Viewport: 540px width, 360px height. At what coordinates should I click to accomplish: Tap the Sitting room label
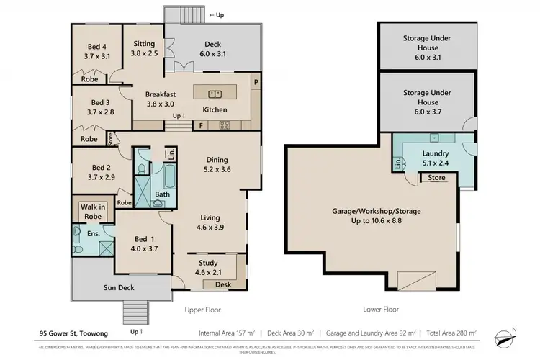[x=143, y=48]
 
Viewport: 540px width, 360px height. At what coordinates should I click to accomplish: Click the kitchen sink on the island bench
[x=214, y=93]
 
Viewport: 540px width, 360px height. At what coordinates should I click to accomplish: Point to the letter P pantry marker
[x=256, y=83]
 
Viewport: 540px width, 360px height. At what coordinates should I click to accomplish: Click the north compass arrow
[x=513, y=331]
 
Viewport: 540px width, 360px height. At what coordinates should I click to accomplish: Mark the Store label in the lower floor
[x=436, y=177]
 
